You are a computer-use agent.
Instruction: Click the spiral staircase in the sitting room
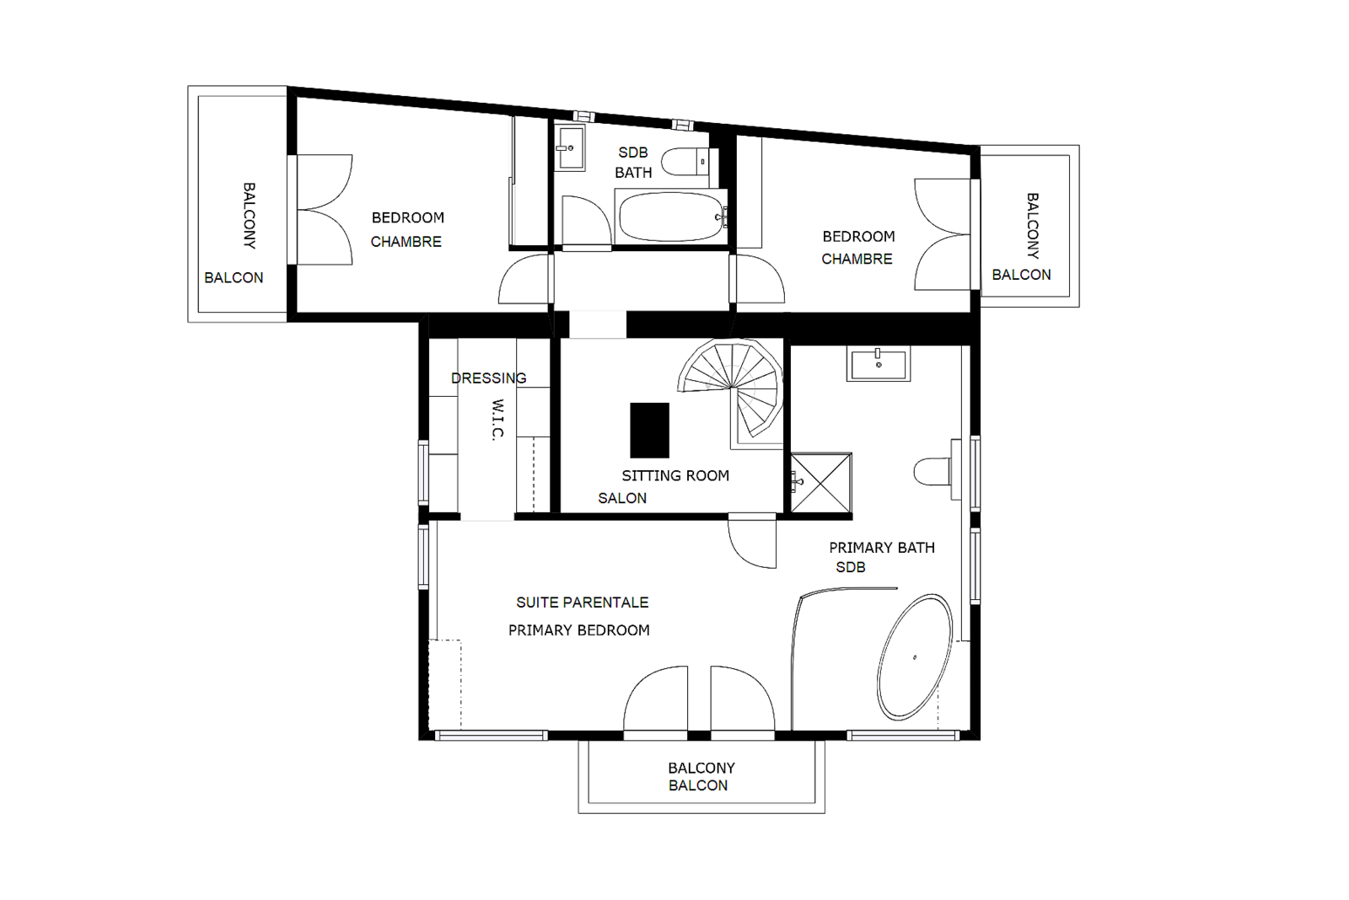732,388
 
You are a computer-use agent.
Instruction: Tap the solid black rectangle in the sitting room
649,430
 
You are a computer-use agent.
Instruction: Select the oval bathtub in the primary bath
915,656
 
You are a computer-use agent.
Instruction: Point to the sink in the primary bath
878,363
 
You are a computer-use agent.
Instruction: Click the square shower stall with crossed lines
821,483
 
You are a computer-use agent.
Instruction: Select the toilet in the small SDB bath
685,161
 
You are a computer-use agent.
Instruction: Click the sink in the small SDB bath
569,147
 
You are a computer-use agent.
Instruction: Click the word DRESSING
488,378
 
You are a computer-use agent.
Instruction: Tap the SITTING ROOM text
675,475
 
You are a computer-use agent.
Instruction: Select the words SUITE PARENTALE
583,602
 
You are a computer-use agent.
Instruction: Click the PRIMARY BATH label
882,547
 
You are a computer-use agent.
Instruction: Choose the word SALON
622,498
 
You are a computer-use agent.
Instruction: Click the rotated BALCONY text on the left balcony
249,216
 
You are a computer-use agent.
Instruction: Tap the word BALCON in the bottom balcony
698,785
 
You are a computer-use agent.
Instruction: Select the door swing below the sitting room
751,541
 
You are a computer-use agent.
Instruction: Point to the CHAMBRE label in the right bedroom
857,259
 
